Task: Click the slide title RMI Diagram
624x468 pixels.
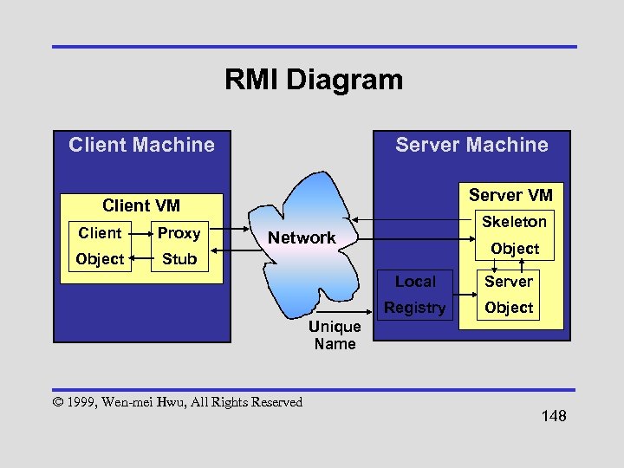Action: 313,81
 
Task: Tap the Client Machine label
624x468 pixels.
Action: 141,145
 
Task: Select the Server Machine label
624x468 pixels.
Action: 471,145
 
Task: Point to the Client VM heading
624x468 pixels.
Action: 141,205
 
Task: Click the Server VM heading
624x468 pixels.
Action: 510,195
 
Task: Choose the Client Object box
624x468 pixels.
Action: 100,246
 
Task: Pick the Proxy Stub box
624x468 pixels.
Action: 179,246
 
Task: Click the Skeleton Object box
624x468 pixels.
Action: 514,235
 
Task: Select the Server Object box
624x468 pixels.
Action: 509,295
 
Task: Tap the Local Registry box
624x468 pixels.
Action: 415,295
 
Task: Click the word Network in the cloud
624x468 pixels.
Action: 302,237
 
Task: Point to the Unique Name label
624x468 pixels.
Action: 335,335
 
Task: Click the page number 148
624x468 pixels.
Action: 553,417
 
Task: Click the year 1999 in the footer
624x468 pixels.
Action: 81,402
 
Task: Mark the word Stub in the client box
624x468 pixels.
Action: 179,259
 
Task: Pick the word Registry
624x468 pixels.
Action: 415,308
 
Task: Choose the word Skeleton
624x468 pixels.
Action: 514,222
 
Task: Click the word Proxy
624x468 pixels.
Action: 179,233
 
